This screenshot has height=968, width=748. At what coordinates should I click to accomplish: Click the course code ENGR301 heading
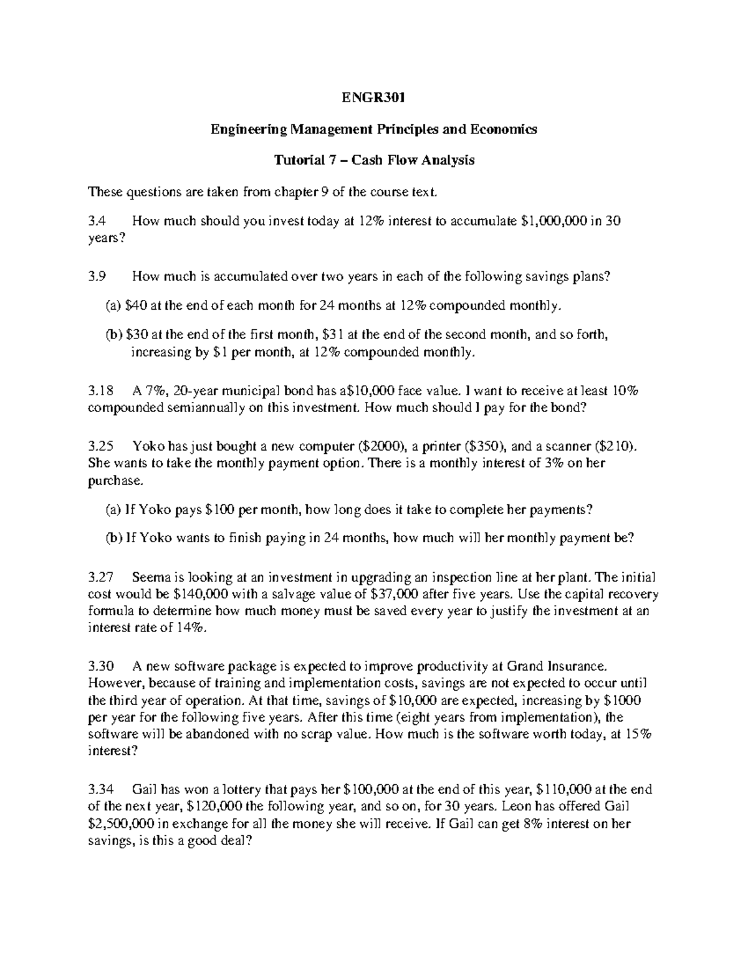point(373,98)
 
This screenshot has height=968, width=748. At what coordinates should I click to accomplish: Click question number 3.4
point(97,221)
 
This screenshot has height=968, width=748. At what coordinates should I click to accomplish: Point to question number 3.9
point(97,277)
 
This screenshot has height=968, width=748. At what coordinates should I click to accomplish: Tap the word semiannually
point(192,408)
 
